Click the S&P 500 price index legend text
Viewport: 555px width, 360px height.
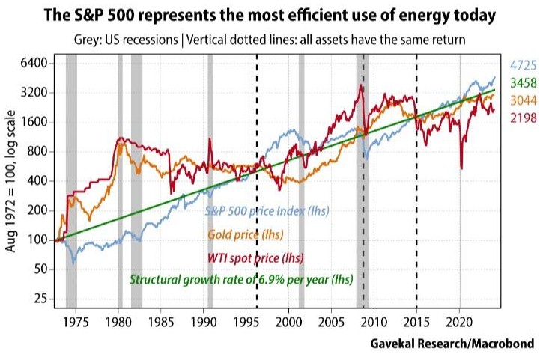point(267,210)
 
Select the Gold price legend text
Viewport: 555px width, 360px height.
point(243,234)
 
